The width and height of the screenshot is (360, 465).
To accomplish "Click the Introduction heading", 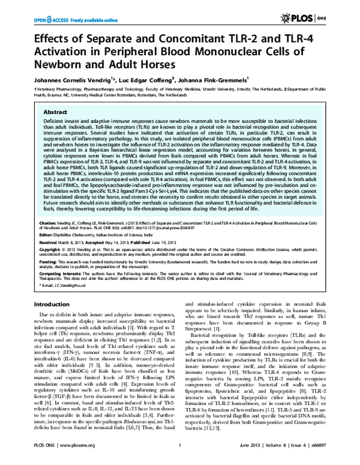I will [x=59, y=304].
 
